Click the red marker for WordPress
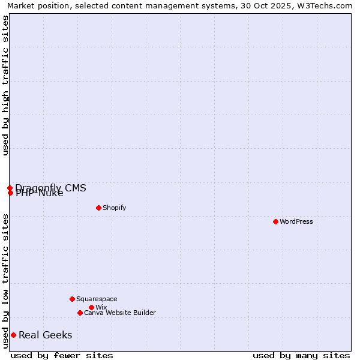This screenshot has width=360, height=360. [275, 221]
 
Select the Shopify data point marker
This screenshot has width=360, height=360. [98, 208]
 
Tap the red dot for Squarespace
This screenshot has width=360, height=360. [72, 299]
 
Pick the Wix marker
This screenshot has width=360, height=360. [91, 307]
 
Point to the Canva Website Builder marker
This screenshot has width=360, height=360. [80, 313]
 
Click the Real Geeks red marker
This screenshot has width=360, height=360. [13, 335]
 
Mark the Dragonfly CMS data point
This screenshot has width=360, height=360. [10, 188]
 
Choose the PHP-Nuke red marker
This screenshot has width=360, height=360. [10, 193]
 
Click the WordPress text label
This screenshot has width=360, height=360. [296, 221]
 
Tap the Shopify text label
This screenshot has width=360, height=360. [115, 208]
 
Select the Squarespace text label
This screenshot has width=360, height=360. [97, 299]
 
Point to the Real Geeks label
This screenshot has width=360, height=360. [46, 335]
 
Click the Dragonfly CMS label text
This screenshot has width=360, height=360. [51, 188]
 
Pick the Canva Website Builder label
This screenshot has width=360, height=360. [120, 313]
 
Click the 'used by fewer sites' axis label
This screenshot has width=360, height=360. [62, 355]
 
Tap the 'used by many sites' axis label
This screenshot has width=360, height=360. [301, 355]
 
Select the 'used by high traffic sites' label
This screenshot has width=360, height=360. [5, 85]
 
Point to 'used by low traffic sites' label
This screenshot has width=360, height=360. [5, 281]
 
